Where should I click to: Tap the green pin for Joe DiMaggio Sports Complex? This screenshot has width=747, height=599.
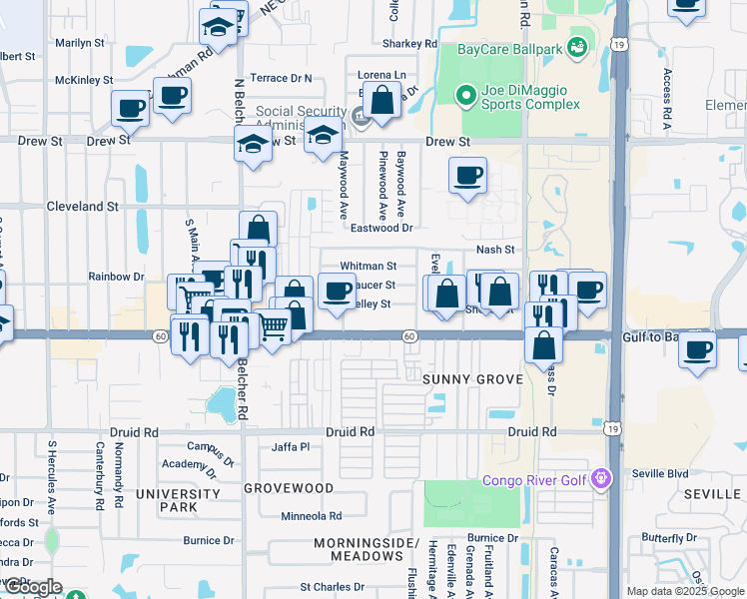pos(465,96)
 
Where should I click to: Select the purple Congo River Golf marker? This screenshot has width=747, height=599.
pos(600,480)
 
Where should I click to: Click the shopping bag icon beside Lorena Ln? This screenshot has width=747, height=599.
pos(381,100)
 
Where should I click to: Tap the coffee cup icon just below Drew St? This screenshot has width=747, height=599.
pos(467,176)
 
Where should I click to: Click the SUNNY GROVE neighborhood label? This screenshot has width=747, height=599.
pos(472,380)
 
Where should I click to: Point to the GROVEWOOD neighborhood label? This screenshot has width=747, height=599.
pos(290,488)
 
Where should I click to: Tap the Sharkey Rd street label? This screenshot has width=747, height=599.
pos(409,44)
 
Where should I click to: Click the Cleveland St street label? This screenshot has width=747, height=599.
pos(83,206)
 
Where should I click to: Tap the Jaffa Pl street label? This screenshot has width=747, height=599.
pos(291,447)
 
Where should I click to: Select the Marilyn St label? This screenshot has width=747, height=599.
pos(80,43)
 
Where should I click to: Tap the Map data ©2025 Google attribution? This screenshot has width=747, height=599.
pos(684,591)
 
